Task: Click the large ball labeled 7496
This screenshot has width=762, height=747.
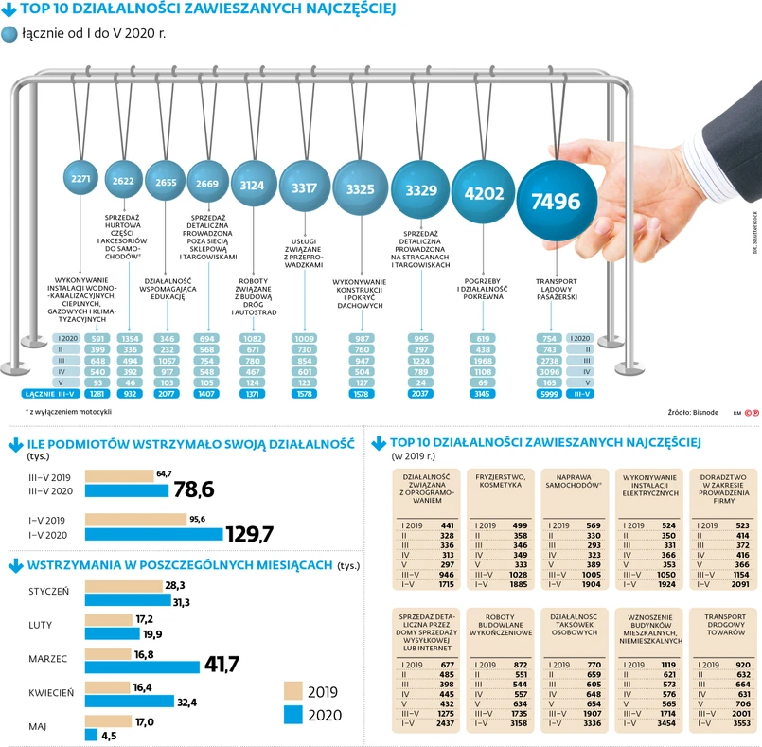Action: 562,200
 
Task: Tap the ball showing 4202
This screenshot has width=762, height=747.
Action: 482,191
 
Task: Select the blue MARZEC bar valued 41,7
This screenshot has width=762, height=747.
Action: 143,666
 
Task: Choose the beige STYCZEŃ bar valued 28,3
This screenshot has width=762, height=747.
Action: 123,587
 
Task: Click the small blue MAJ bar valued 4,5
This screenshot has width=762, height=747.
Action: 92,735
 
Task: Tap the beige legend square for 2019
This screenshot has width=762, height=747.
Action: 294,691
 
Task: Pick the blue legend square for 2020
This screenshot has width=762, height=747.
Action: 294,714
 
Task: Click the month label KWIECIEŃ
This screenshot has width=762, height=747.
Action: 48,693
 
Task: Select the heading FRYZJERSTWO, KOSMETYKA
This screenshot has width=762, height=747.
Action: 499,480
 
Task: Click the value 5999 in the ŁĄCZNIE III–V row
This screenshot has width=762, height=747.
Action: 547,393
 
